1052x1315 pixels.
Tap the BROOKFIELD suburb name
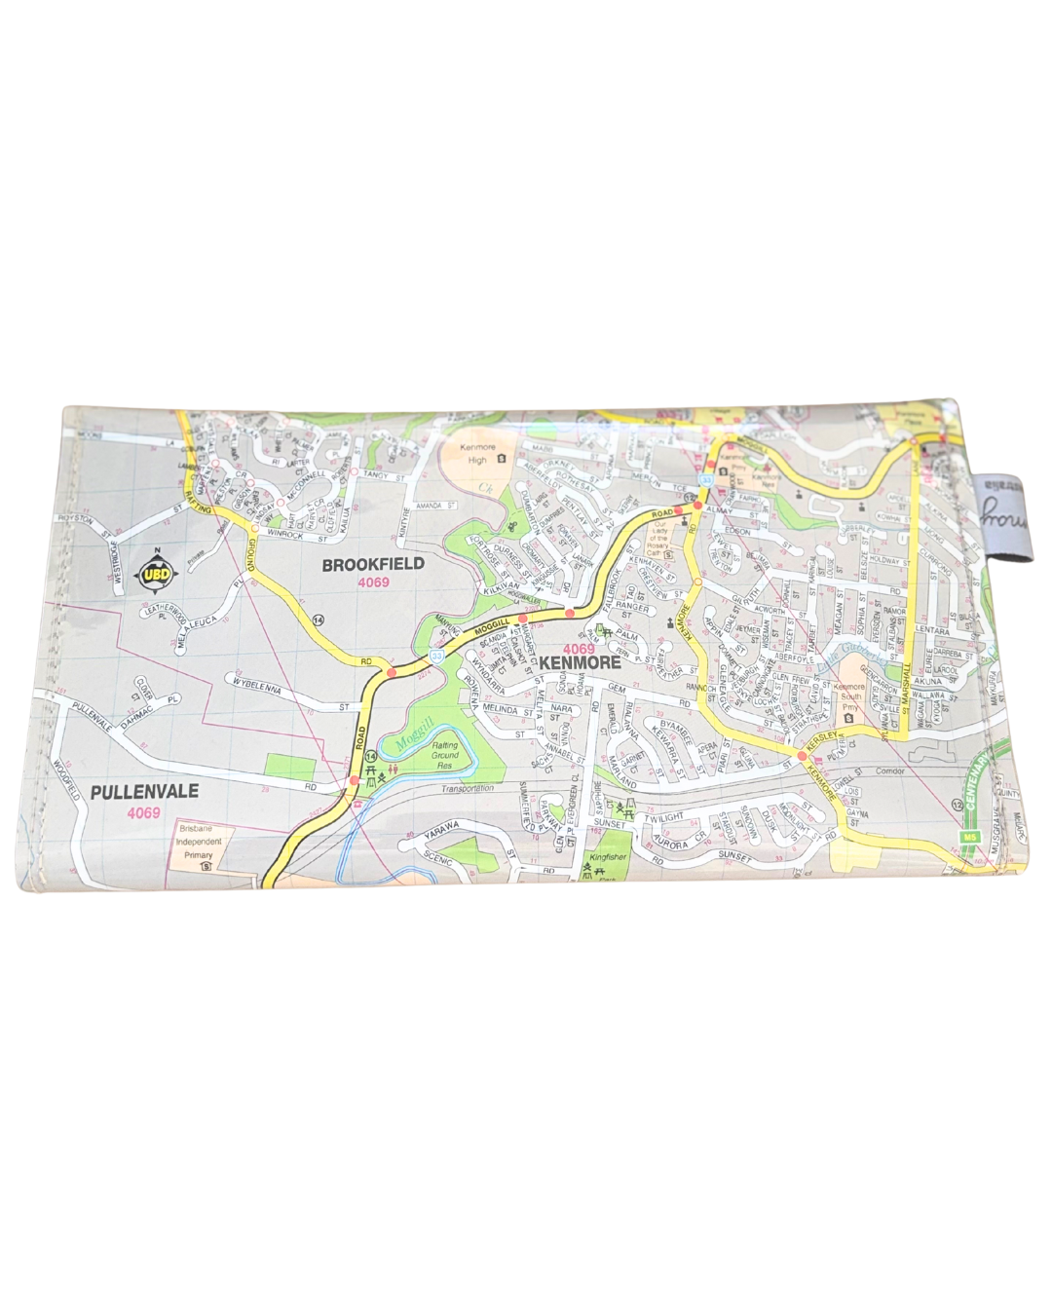(x=373, y=564)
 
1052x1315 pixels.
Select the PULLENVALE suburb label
(x=143, y=792)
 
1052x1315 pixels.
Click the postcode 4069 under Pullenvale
(x=143, y=812)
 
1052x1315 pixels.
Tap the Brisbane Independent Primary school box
(x=199, y=845)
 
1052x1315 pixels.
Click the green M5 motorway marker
(x=966, y=838)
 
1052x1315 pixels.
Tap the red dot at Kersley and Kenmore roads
(x=801, y=755)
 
